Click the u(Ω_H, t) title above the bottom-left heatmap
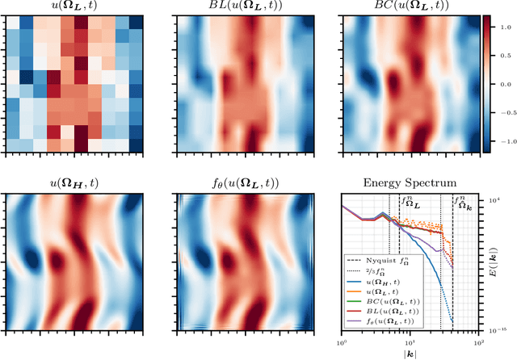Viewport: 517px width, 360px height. tap(75, 185)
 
